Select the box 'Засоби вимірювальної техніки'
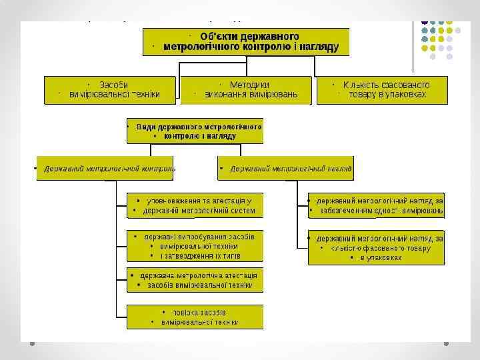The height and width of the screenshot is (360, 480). tap(110, 90)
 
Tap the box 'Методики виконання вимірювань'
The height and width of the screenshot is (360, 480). tap(247, 90)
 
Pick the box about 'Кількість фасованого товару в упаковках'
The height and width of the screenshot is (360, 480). tap(381, 90)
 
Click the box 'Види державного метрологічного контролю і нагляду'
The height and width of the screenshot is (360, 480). tap(195, 131)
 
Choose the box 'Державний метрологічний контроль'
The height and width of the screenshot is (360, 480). tap(107, 169)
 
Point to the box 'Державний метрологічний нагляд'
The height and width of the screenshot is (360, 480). tap(286, 169)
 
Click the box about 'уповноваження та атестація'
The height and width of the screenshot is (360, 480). tap(195, 205)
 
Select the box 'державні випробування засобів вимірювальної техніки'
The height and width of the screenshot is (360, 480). tap(195, 246)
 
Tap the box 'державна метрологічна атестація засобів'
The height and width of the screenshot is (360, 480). tap(195, 280)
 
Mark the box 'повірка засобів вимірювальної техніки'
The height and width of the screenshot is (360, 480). tap(195, 317)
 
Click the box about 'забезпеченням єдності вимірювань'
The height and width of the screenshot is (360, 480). tap(376, 205)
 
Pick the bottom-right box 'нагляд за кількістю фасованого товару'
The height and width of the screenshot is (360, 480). tap(376, 247)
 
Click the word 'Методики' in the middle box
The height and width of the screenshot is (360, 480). tap(249, 85)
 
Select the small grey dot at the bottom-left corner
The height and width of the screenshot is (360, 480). tap(32, 343)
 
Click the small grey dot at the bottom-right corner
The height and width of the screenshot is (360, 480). tap(447, 343)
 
